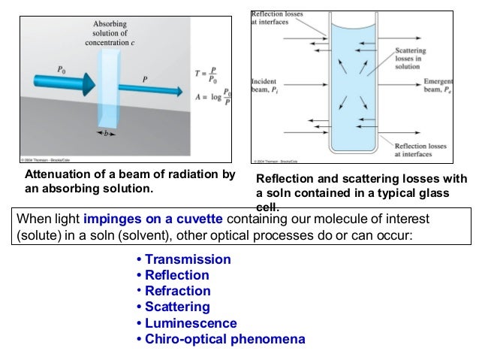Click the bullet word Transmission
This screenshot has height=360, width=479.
pyautogui.click(x=188, y=259)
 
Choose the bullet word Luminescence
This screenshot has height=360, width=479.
pyautogui.click(x=191, y=323)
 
